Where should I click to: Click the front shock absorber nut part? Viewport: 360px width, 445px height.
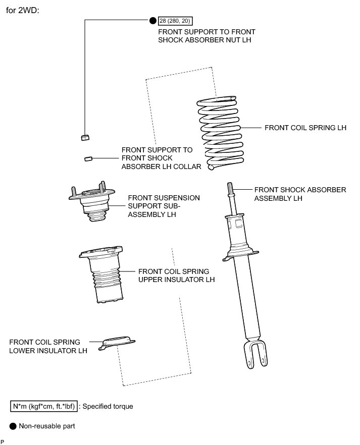pyautogui.click(x=85, y=137)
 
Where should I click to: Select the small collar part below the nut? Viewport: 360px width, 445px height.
pyautogui.click(x=87, y=158)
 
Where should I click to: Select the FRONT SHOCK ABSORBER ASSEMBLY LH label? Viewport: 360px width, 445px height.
pyautogui.click(x=300, y=194)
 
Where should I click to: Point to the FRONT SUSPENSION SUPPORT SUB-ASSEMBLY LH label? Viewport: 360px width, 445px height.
pyautogui.click(x=164, y=206)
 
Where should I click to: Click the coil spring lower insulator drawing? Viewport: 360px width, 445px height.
pyautogui.click(x=118, y=343)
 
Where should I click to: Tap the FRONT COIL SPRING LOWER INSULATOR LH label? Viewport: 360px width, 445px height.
pyautogui.click(x=44, y=346)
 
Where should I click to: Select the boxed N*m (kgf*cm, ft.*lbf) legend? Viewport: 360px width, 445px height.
pyautogui.click(x=44, y=406)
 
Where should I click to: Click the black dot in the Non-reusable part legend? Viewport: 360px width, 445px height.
pyautogui.click(x=13, y=426)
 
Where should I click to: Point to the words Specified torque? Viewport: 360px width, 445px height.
pyautogui.click(x=109, y=406)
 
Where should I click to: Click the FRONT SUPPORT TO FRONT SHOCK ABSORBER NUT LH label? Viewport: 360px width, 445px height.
pyautogui.click(x=207, y=35)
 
